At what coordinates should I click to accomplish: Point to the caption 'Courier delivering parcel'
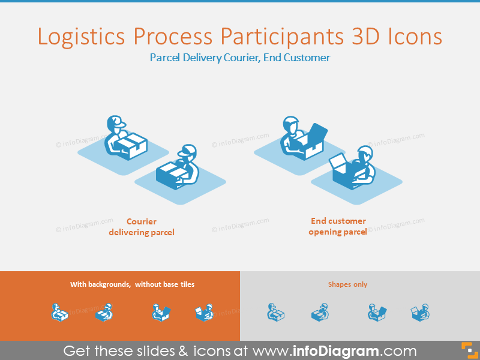pos(142,227)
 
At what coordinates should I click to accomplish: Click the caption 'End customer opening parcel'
pos(338,226)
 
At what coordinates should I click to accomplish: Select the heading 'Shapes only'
pos(347,284)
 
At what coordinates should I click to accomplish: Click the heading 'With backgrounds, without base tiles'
pos(133,284)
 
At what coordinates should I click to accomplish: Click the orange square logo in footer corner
pos(467,350)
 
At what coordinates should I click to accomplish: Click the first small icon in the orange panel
pos(60,312)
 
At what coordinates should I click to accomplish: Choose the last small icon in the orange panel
pos(205,312)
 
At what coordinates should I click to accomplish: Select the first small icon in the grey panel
pos(275,312)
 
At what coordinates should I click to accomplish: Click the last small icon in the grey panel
pos(420,312)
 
